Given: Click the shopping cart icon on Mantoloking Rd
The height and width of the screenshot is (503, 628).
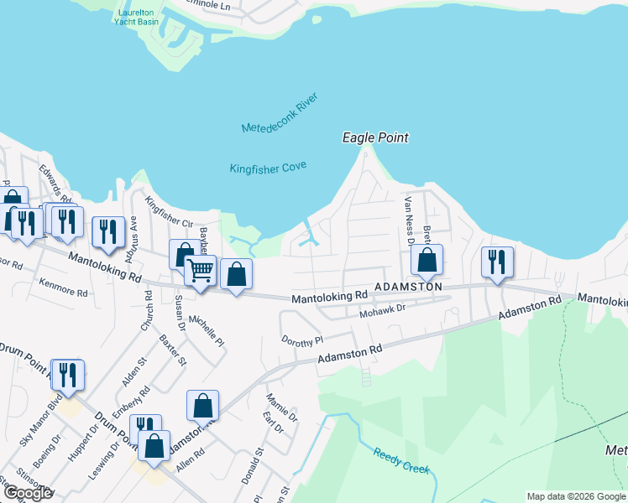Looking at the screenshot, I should click(200, 271).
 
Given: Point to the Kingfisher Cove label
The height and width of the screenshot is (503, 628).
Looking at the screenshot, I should click(268, 168).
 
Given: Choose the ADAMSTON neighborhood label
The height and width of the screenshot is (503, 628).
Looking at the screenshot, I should click(408, 287).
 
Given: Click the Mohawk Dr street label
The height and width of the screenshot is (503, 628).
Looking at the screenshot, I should click(382, 310).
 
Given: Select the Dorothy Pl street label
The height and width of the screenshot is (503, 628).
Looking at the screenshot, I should click(302, 341).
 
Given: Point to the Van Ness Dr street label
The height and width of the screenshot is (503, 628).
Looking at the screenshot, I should click(411, 220).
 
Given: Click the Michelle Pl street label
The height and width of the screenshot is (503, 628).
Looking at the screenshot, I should click(207, 331).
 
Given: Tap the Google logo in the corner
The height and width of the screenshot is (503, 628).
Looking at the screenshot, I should click(29, 493).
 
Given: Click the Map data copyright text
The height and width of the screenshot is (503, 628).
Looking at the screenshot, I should click(576, 496).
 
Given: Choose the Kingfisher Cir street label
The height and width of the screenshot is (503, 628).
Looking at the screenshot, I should click(169, 212).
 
